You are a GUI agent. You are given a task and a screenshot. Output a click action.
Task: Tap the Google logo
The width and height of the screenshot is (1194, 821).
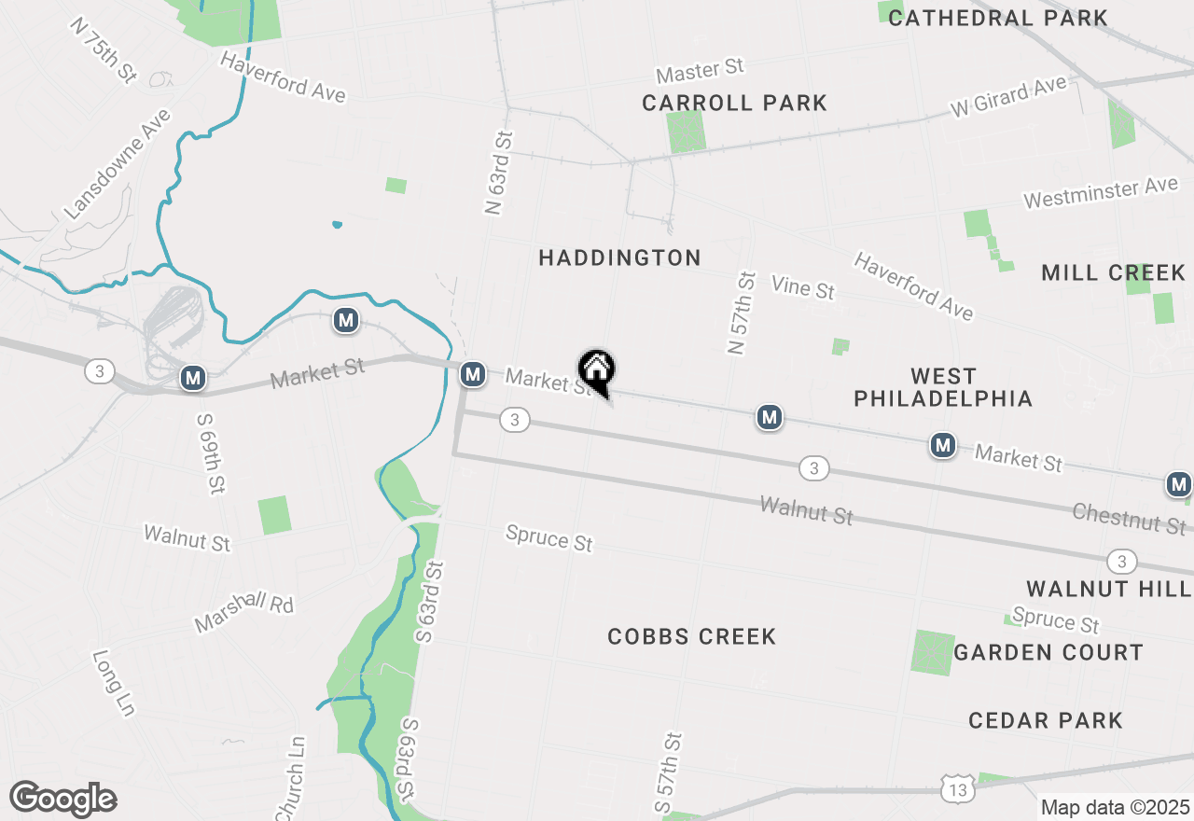click(x=63, y=799)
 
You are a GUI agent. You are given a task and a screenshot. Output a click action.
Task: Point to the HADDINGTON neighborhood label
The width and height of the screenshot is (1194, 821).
click(x=619, y=257)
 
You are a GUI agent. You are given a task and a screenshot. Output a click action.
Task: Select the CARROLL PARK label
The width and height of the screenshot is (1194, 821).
click(x=735, y=103)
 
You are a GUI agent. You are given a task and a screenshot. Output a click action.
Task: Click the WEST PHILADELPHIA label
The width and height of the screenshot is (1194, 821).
click(x=943, y=387)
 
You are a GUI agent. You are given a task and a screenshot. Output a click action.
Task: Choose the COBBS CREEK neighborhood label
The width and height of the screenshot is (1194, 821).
click(x=691, y=636)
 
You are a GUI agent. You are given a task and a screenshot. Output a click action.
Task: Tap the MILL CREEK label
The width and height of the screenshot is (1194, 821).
click(x=1113, y=272)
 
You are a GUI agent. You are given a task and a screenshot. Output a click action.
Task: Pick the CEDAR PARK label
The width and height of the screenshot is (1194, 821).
click(x=1045, y=720)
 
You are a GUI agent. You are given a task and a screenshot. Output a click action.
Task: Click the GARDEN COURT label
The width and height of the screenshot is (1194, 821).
click(x=1048, y=652)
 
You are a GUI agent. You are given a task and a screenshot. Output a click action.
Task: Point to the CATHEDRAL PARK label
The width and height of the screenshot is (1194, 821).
click(x=997, y=18)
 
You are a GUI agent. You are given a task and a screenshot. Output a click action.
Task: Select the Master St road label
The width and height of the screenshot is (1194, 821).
click(x=700, y=70)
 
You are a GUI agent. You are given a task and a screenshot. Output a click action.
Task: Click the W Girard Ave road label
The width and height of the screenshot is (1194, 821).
click(x=1008, y=96)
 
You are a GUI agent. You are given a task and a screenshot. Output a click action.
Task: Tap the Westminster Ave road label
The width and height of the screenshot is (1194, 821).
click(x=1101, y=193)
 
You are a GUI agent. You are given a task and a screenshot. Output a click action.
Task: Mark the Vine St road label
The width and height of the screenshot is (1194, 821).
click(x=802, y=286)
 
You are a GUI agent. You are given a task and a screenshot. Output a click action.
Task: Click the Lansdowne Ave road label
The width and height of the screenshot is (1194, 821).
click(x=118, y=164)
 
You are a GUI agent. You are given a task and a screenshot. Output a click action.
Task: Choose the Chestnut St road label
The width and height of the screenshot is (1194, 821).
click(x=1129, y=518)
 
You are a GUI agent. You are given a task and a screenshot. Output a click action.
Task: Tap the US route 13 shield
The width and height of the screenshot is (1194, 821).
click(x=959, y=789)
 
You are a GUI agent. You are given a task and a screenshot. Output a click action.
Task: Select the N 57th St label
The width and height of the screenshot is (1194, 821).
click(x=741, y=313)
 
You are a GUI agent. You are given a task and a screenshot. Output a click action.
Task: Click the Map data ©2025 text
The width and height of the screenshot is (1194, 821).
click(x=1115, y=807)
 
